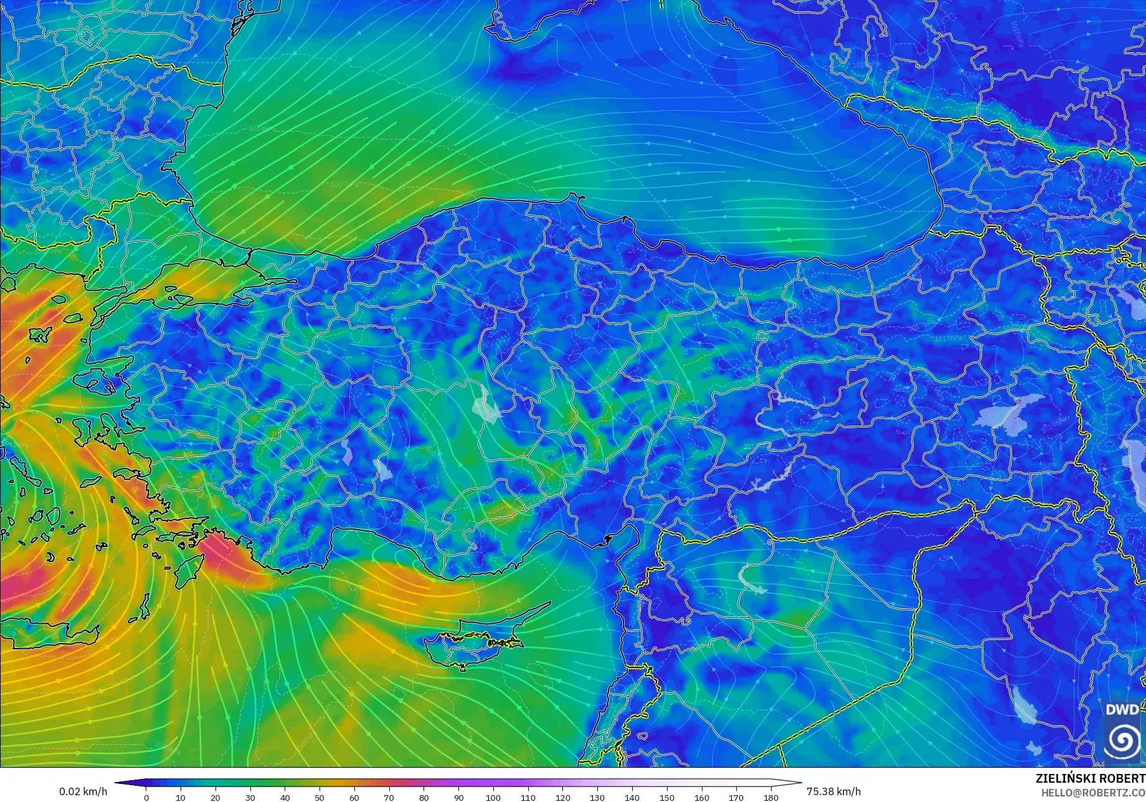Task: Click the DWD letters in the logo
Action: coord(1122,710)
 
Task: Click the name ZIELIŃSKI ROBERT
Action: coord(1090,778)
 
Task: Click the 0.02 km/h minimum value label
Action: coord(83,791)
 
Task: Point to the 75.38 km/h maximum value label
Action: coord(833,791)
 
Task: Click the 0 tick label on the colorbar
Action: coord(146,798)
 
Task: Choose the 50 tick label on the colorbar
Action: coord(320,798)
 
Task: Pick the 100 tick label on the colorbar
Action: coord(493,798)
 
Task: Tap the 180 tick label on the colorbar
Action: coord(771,798)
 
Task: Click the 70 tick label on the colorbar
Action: coord(389,798)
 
